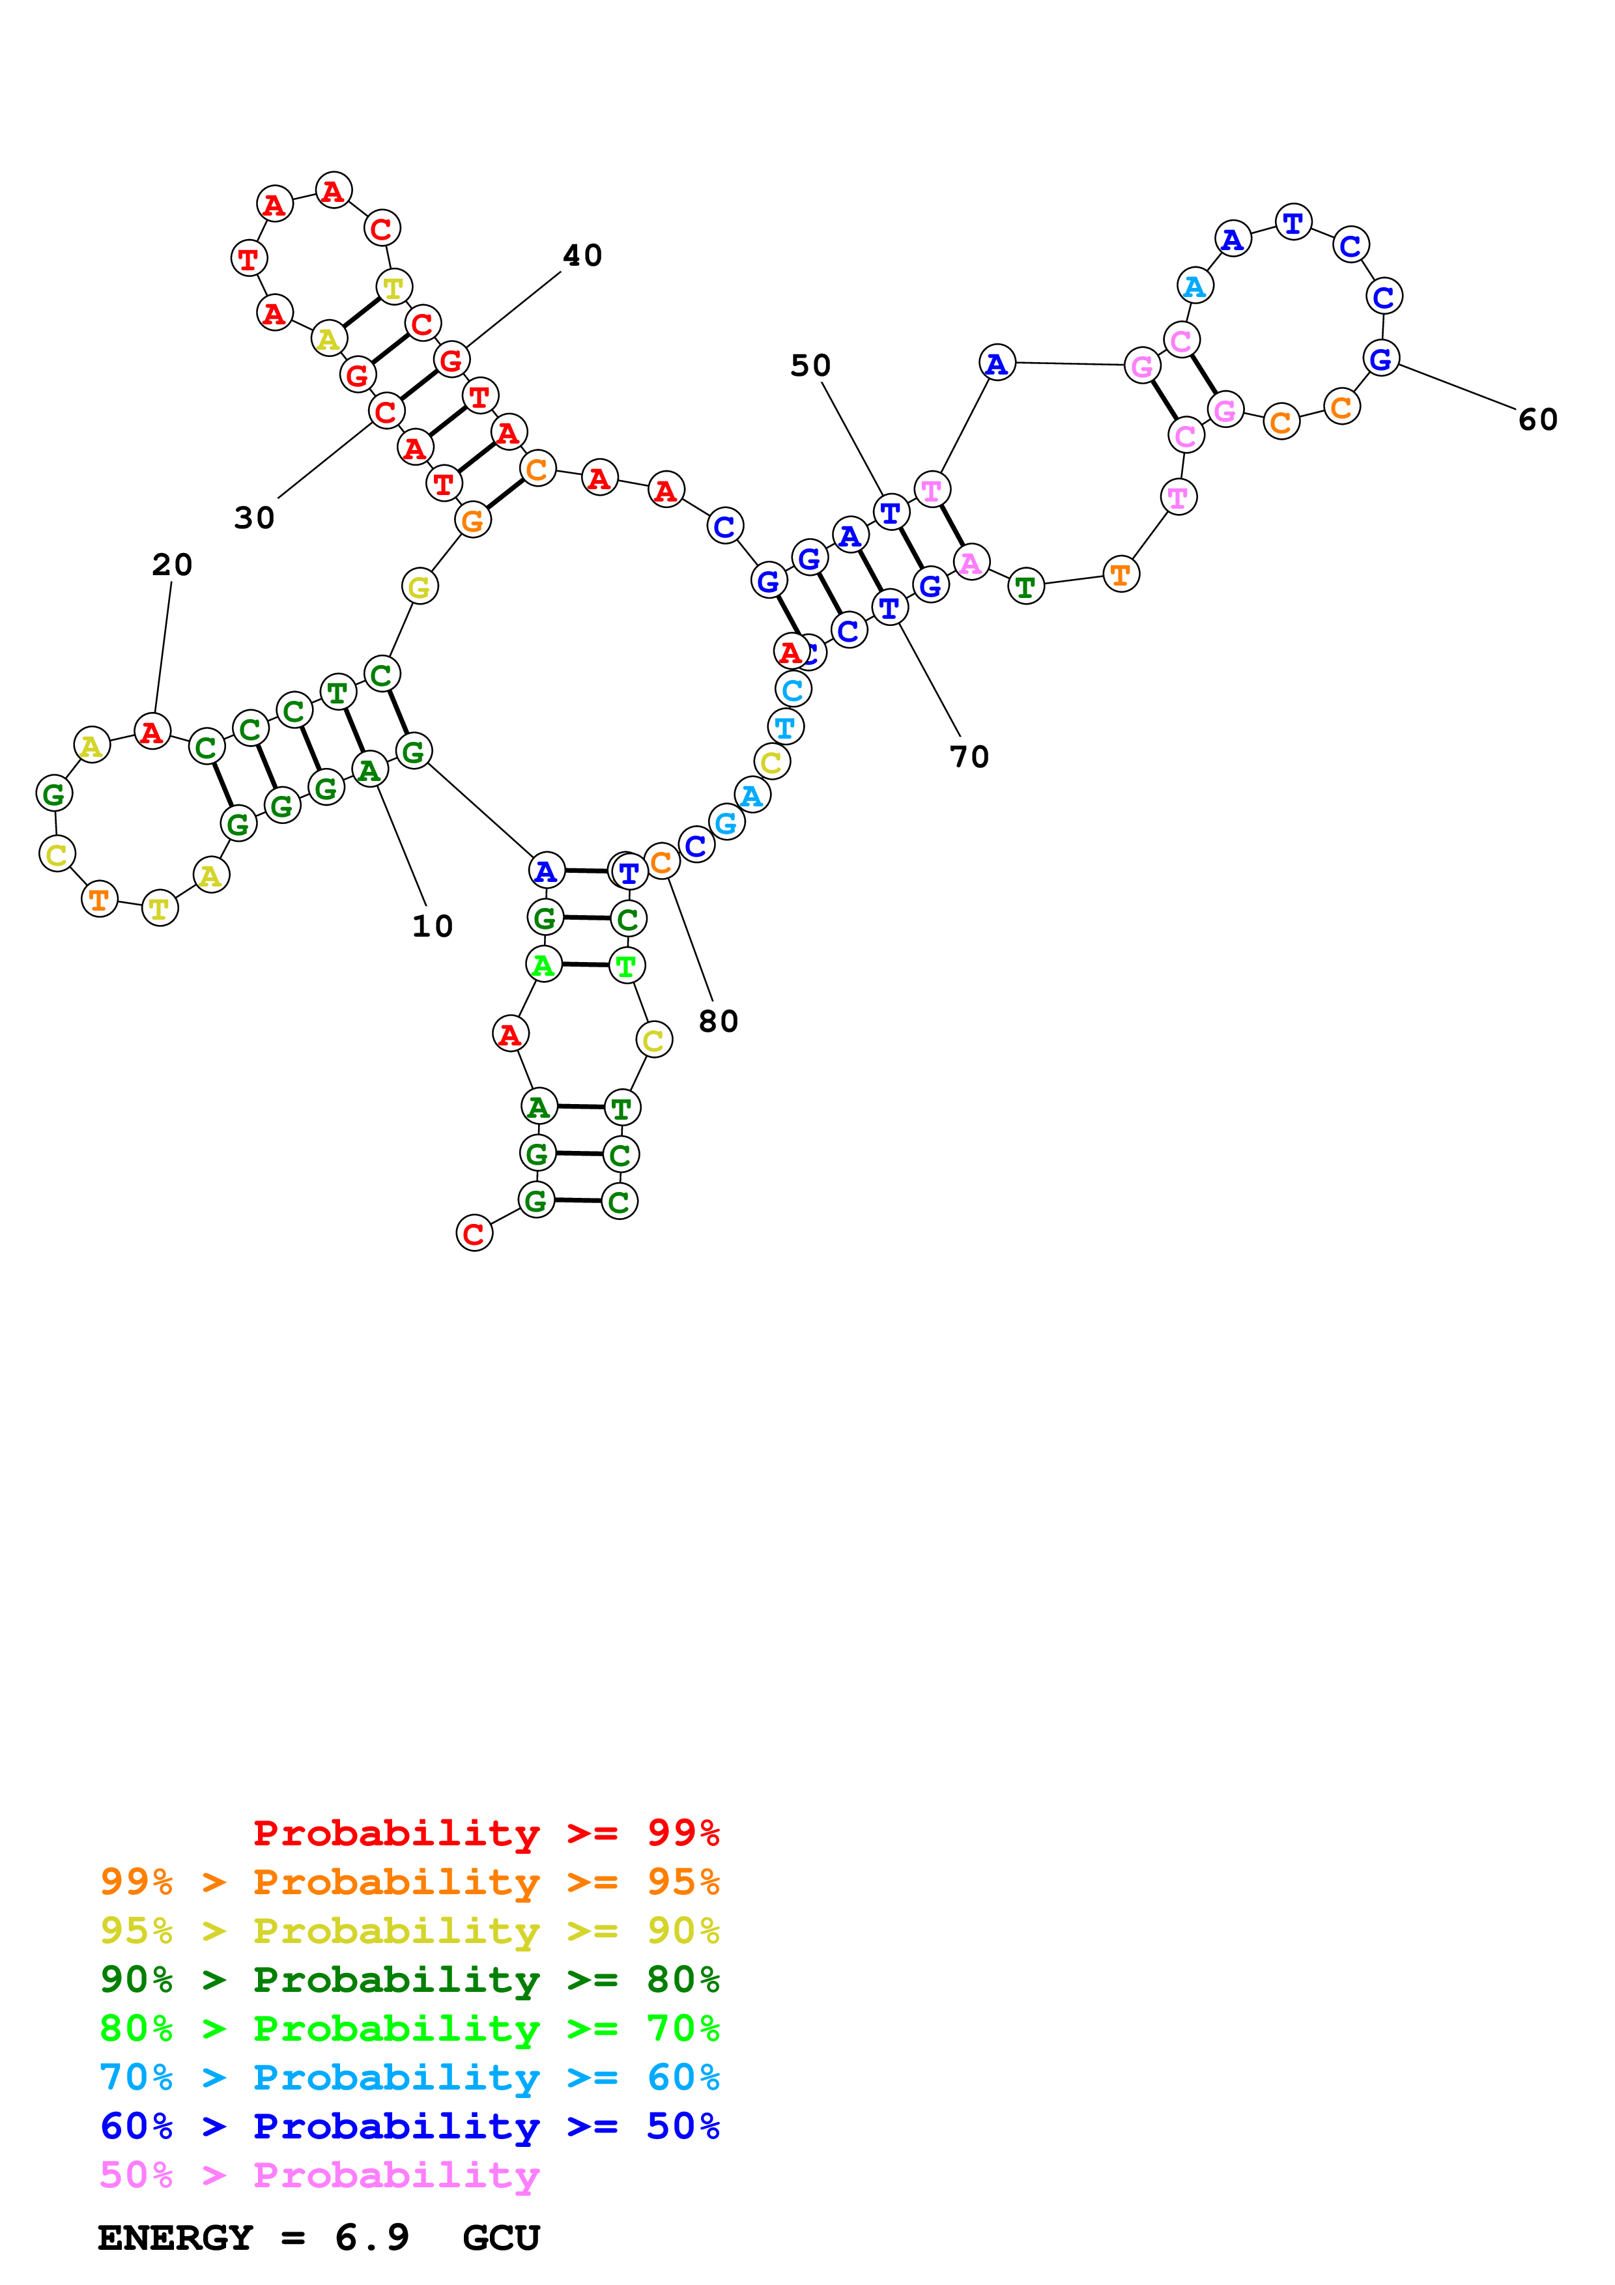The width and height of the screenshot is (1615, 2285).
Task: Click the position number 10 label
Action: click(432, 926)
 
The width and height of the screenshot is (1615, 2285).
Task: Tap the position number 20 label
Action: click(172, 565)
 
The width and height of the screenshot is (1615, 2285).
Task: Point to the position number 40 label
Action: click(582, 256)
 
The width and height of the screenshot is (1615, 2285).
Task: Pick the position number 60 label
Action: click(1537, 420)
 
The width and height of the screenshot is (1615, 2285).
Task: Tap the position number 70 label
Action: click(969, 758)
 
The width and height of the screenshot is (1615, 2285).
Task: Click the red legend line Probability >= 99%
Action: click(485, 1833)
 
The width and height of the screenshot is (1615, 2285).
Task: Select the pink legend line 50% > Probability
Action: click(319, 2176)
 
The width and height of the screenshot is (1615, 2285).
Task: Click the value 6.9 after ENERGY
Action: click(371, 2238)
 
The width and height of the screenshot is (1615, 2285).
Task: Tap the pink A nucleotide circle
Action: click(970, 563)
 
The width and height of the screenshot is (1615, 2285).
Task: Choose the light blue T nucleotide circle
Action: click(785, 728)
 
